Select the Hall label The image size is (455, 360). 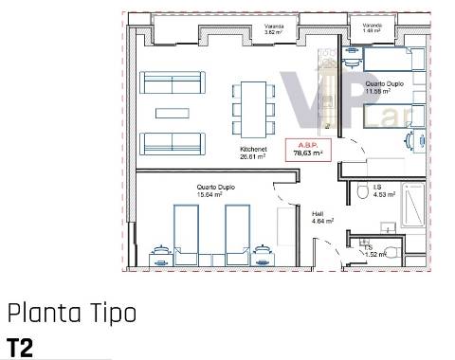pyautogui.click(x=318, y=219)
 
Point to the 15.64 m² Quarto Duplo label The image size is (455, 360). pyautogui.click(x=216, y=190)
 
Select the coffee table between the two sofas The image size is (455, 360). pyautogui.click(x=173, y=112)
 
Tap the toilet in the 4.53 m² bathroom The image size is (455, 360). pyautogui.click(x=363, y=192)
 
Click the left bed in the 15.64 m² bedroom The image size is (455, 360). pyautogui.click(x=187, y=233)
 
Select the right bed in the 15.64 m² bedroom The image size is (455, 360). pyautogui.click(x=237, y=233)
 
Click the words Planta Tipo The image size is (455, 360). pyautogui.click(x=72, y=313)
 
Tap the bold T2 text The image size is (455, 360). pyautogui.click(x=20, y=347)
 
